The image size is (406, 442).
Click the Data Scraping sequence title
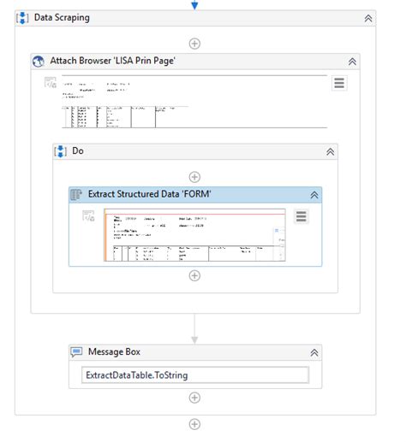pyautogui.click(x=61, y=17)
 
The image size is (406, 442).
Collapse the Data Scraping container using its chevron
pyautogui.click(x=368, y=17)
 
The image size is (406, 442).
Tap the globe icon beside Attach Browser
pyautogui.click(x=38, y=62)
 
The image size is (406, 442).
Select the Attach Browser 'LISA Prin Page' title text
pyautogui.click(x=104, y=62)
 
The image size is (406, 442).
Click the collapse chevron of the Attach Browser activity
pyautogui.click(x=352, y=62)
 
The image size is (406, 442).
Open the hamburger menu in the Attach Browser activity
pyautogui.click(x=339, y=83)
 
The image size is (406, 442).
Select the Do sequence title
pyautogui.click(x=78, y=151)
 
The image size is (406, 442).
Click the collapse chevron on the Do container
pyautogui.click(x=330, y=151)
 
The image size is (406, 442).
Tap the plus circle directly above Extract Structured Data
pyautogui.click(x=194, y=177)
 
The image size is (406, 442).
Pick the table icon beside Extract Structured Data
pyautogui.click(x=75, y=195)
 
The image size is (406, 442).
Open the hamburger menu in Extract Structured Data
pyautogui.click(x=301, y=216)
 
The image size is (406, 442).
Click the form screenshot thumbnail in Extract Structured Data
pyautogui.click(x=194, y=234)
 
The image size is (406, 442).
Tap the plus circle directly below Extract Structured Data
pyautogui.click(x=194, y=275)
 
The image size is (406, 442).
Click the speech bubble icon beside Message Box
pyautogui.click(x=75, y=351)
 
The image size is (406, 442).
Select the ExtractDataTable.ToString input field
pyautogui.click(x=194, y=374)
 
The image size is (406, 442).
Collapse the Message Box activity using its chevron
pyautogui.click(x=314, y=351)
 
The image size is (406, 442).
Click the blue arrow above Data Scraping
pyautogui.click(x=194, y=5)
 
